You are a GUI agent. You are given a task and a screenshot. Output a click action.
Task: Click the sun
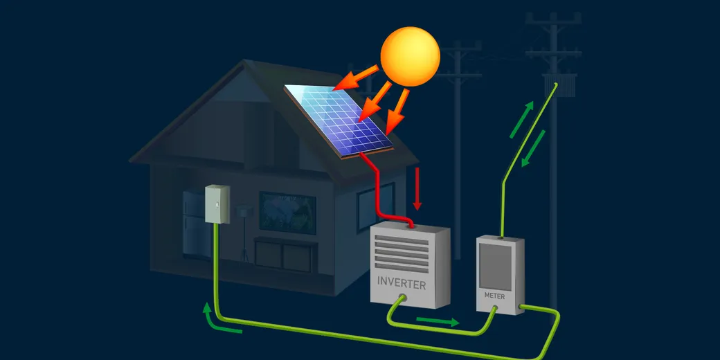410,57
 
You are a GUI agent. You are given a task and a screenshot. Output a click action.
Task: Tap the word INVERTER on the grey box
402,283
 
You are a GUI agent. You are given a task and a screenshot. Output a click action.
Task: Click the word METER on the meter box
494,296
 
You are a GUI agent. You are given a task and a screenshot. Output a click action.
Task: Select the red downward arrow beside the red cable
417,189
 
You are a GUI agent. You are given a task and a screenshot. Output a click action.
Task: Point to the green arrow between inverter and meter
438,321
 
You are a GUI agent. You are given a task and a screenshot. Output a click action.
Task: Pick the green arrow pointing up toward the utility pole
522,119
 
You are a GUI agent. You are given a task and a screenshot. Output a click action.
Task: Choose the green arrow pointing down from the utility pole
533,148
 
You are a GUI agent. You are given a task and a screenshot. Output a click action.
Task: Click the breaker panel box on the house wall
217,204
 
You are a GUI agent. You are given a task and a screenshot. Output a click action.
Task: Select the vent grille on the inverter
402,253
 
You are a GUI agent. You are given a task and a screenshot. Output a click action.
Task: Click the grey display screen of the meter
496,266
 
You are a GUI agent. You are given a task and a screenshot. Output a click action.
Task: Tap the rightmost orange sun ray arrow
396,111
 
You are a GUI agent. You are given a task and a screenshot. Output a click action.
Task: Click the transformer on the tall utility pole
560,86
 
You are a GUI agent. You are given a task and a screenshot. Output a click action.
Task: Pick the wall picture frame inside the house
287,213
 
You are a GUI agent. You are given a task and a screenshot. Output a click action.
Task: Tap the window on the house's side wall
376,206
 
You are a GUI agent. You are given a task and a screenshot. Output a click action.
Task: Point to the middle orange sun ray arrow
375,102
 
